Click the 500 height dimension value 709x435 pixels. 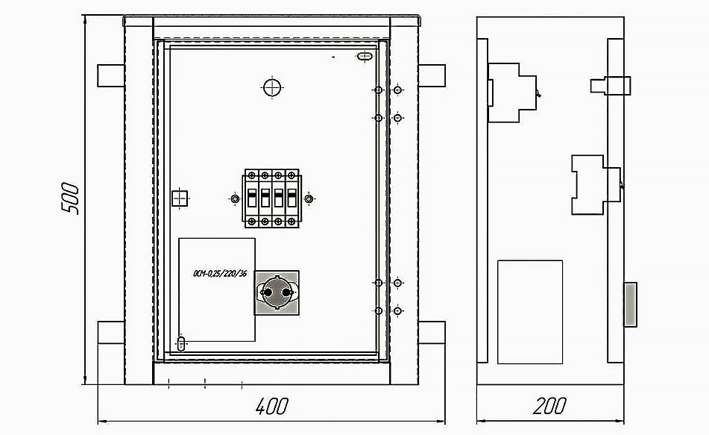(x=70, y=198)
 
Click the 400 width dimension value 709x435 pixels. (x=271, y=407)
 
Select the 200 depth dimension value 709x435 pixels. (x=549, y=406)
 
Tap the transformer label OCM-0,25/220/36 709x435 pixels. (x=220, y=273)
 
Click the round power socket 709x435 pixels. (x=277, y=292)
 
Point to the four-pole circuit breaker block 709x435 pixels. (x=272, y=198)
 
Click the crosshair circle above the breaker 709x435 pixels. (x=272, y=87)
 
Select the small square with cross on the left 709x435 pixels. (x=180, y=198)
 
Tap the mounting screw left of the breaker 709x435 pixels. (x=235, y=198)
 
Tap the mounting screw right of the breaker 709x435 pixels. (x=309, y=198)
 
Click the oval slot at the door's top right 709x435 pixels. (x=365, y=57)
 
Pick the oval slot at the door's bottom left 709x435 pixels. (x=181, y=343)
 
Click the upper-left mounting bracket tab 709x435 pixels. (x=111, y=75)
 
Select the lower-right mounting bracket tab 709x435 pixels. (x=432, y=333)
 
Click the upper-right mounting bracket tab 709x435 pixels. (x=432, y=75)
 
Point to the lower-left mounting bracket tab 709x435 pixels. (x=111, y=333)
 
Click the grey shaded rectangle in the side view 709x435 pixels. (x=630, y=304)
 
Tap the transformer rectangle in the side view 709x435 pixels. (x=530, y=312)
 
